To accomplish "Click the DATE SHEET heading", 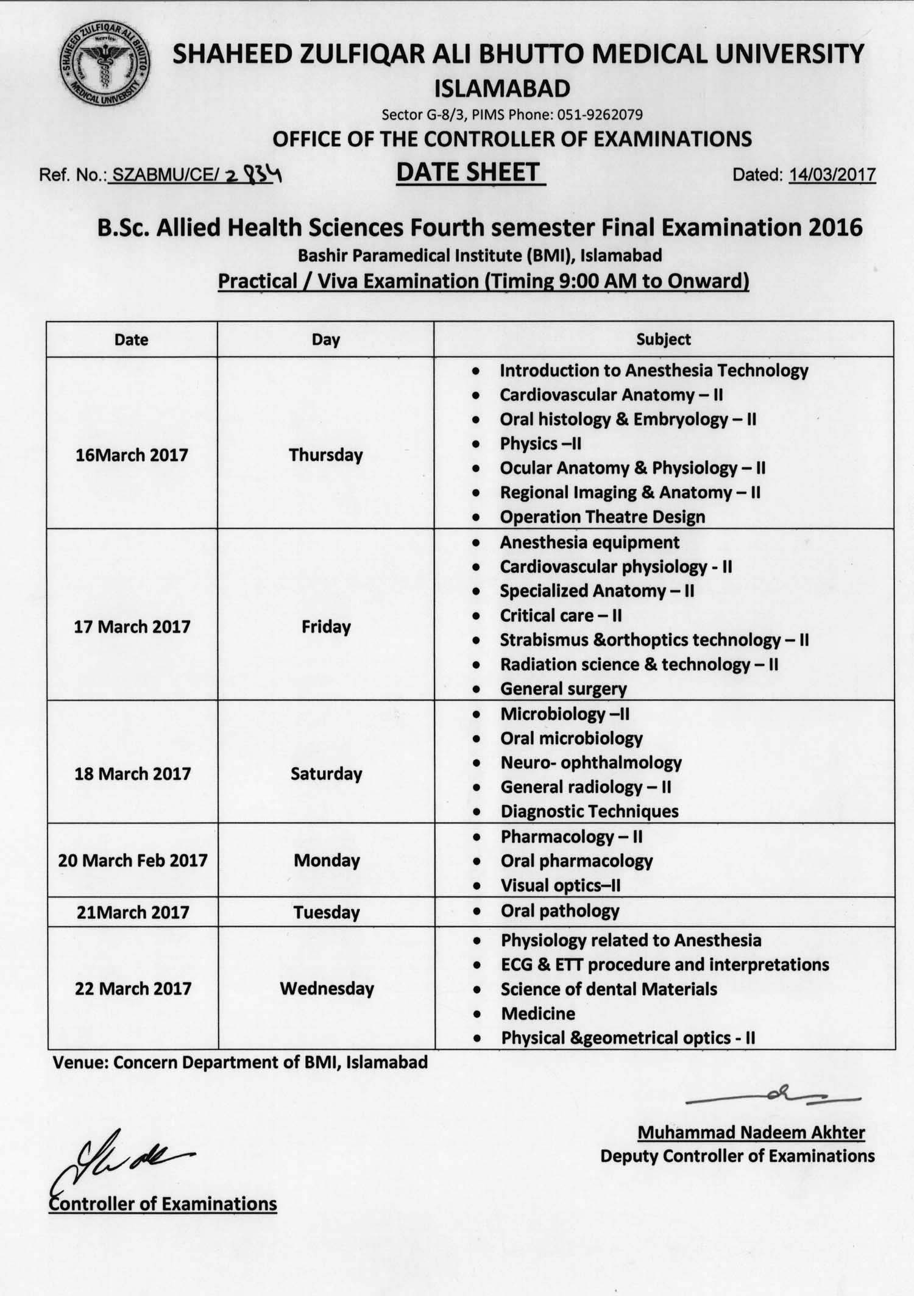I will [468, 172].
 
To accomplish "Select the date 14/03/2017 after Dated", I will [832, 175].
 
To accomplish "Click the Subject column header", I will [664, 339].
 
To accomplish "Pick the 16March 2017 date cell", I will [132, 455].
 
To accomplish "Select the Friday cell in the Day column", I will [326, 627].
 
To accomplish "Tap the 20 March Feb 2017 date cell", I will [133, 860].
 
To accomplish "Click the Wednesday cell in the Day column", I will [327, 988].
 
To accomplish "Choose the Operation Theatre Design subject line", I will [602, 517].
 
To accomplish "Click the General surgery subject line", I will [563, 689].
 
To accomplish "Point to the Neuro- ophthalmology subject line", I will [590, 762].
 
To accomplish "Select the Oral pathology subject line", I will [559, 911].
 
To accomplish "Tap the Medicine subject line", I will [538, 1013].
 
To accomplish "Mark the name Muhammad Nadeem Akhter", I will [751, 1132].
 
